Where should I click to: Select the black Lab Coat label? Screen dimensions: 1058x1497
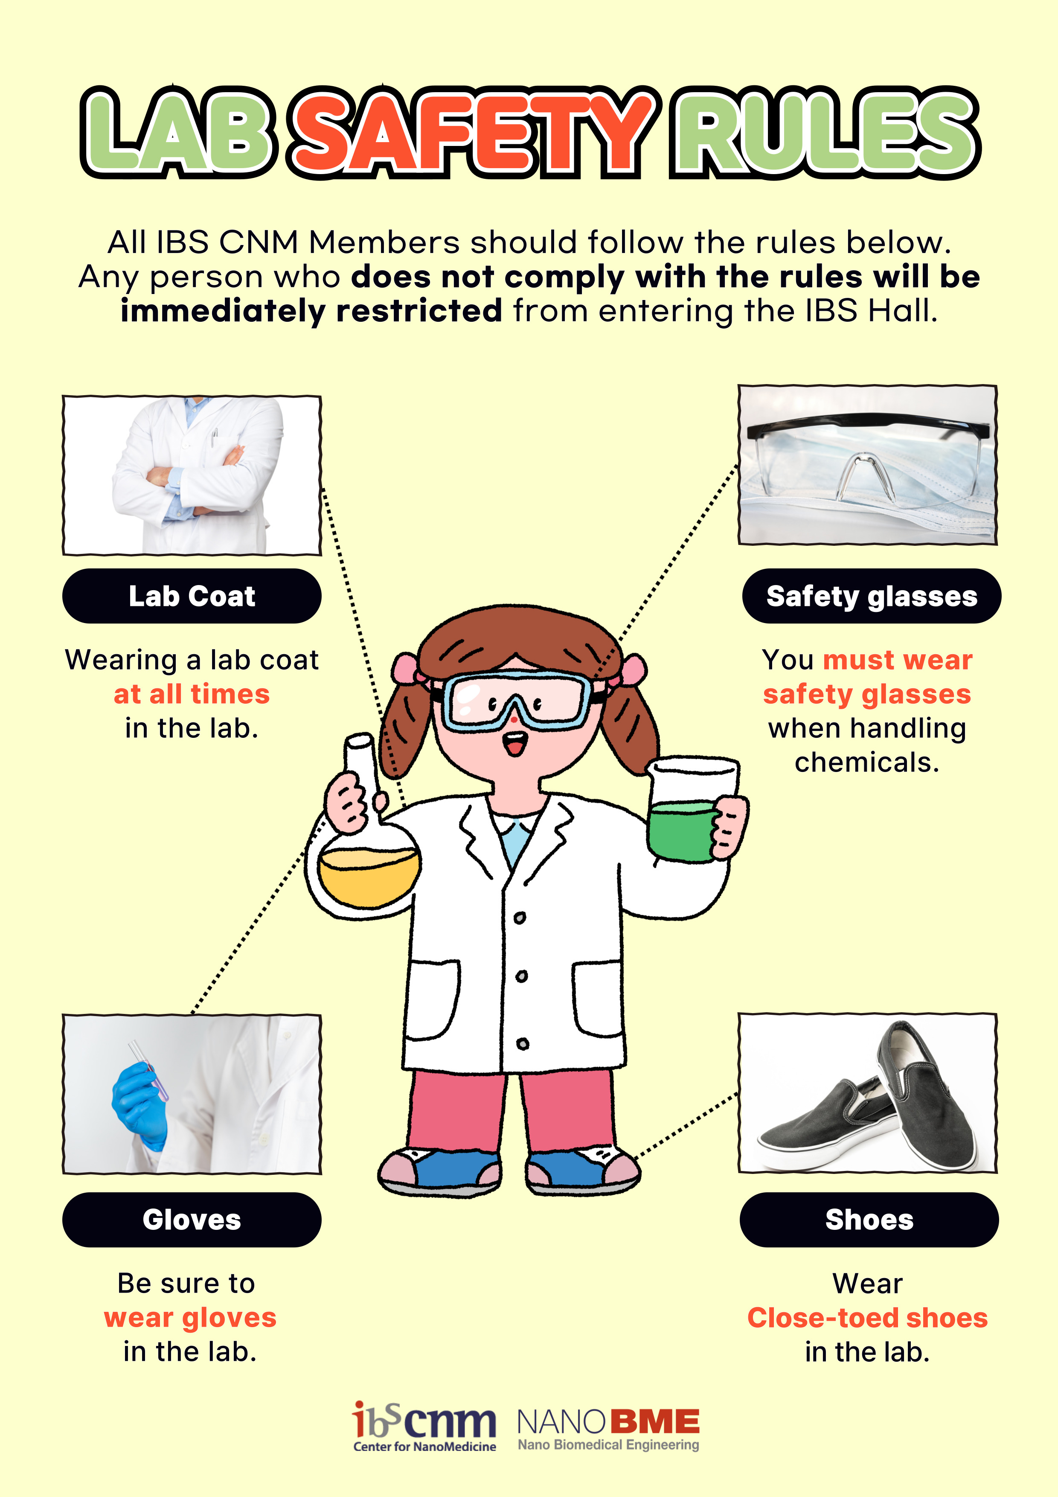pyautogui.click(x=192, y=596)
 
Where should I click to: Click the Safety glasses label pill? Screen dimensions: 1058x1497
pyautogui.click(x=872, y=596)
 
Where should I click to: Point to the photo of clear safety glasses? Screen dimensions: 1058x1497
pyautogui.click(x=868, y=465)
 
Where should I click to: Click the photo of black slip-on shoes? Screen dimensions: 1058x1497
pyautogui.click(x=868, y=1093)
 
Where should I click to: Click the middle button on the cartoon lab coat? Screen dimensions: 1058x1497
pyautogui.click(x=521, y=976)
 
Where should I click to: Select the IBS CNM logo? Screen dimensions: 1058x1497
pyautogui.click(x=424, y=1427)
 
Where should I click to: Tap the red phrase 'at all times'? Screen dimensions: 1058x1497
pyautogui.click(x=192, y=694)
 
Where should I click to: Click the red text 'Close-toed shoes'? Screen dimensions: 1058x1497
pyautogui.click(x=868, y=1318)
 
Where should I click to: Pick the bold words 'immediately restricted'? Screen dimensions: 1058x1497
pyautogui.click(x=311, y=310)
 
